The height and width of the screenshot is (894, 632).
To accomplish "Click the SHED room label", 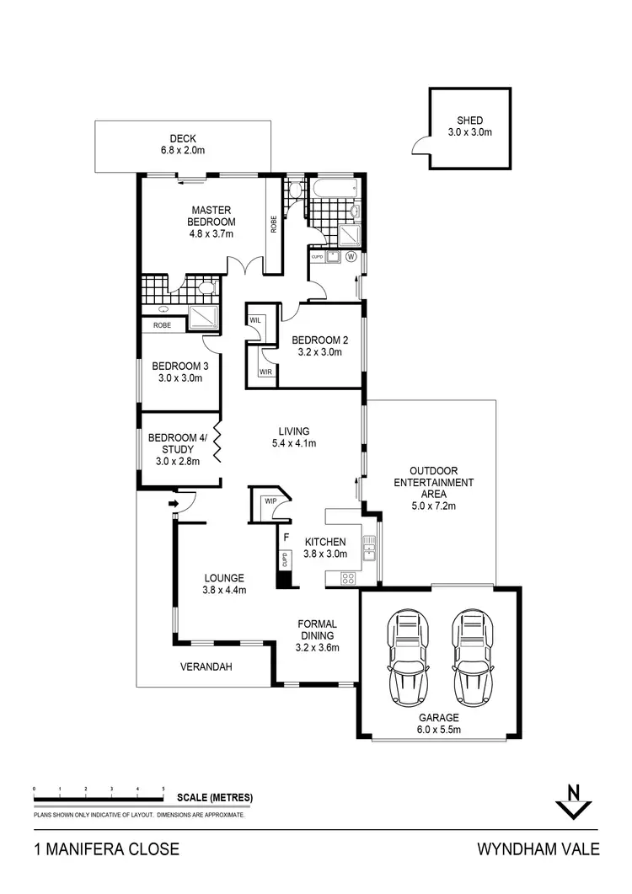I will (x=470, y=126).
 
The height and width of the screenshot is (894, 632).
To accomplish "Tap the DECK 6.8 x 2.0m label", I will (x=183, y=145).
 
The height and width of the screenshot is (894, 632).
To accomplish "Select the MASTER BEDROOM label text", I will (x=211, y=222).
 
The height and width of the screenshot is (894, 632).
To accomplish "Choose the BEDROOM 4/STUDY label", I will (x=176, y=449).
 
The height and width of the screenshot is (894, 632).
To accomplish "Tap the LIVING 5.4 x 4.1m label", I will (x=293, y=437).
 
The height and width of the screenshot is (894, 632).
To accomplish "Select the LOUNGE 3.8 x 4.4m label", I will (x=224, y=584).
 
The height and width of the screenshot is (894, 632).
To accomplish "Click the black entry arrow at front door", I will (x=174, y=505).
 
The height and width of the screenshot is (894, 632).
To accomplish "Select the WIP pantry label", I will (x=270, y=501).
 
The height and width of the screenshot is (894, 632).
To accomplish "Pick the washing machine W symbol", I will (x=350, y=256).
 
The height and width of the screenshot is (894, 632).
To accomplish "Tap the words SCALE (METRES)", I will (x=214, y=797).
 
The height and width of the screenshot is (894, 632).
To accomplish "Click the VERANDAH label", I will (x=206, y=666).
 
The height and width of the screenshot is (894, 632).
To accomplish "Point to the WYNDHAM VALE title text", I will (x=538, y=848).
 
